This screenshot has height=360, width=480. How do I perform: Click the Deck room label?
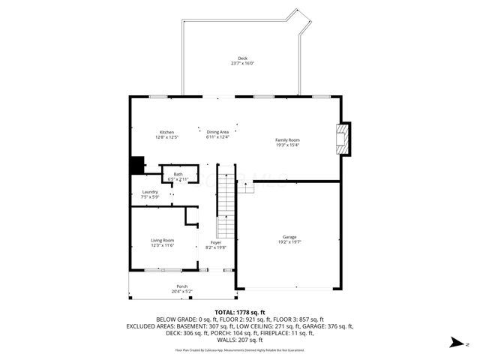click(x=242, y=58)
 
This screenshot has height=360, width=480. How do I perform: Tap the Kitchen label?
click(x=166, y=132)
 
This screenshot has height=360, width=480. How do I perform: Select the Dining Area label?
click(x=217, y=132)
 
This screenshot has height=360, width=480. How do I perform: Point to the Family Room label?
click(x=287, y=140)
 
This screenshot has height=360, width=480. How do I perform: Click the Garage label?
click(x=289, y=238)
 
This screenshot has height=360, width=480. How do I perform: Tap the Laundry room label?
click(x=150, y=192)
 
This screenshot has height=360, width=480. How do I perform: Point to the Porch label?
click(x=182, y=286)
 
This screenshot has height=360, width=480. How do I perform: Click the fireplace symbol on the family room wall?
click(x=342, y=139)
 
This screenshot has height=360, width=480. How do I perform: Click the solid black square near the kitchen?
click(x=136, y=164)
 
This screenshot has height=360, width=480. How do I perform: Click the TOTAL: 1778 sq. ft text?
click(x=241, y=312)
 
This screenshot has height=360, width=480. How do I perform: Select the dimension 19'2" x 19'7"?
click(x=289, y=242)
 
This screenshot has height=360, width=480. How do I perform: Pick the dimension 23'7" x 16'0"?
click(x=242, y=64)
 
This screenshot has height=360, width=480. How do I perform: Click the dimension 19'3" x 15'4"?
click(x=287, y=145)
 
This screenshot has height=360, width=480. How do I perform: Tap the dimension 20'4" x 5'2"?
click(x=182, y=291)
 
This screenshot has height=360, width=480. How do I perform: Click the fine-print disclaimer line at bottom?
click(x=240, y=349)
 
